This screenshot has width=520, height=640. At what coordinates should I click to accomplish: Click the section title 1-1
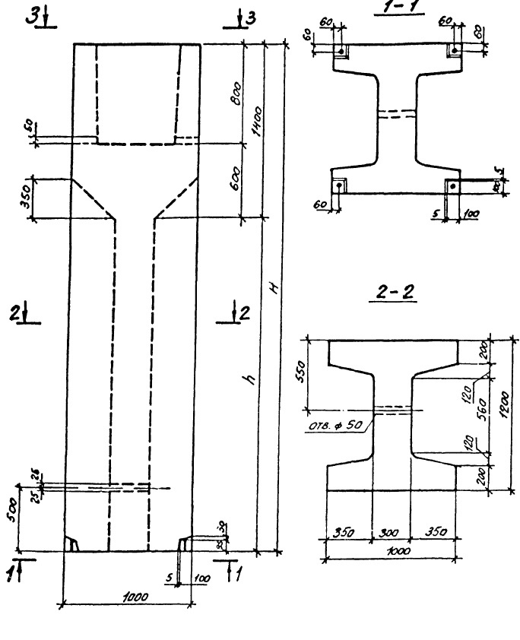tap(395, 9)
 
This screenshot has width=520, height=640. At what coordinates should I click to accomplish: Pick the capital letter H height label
tap(272, 289)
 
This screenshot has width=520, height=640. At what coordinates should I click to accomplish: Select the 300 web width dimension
tap(392, 531)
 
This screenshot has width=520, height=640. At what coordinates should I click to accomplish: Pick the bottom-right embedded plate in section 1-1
tap(452, 186)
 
